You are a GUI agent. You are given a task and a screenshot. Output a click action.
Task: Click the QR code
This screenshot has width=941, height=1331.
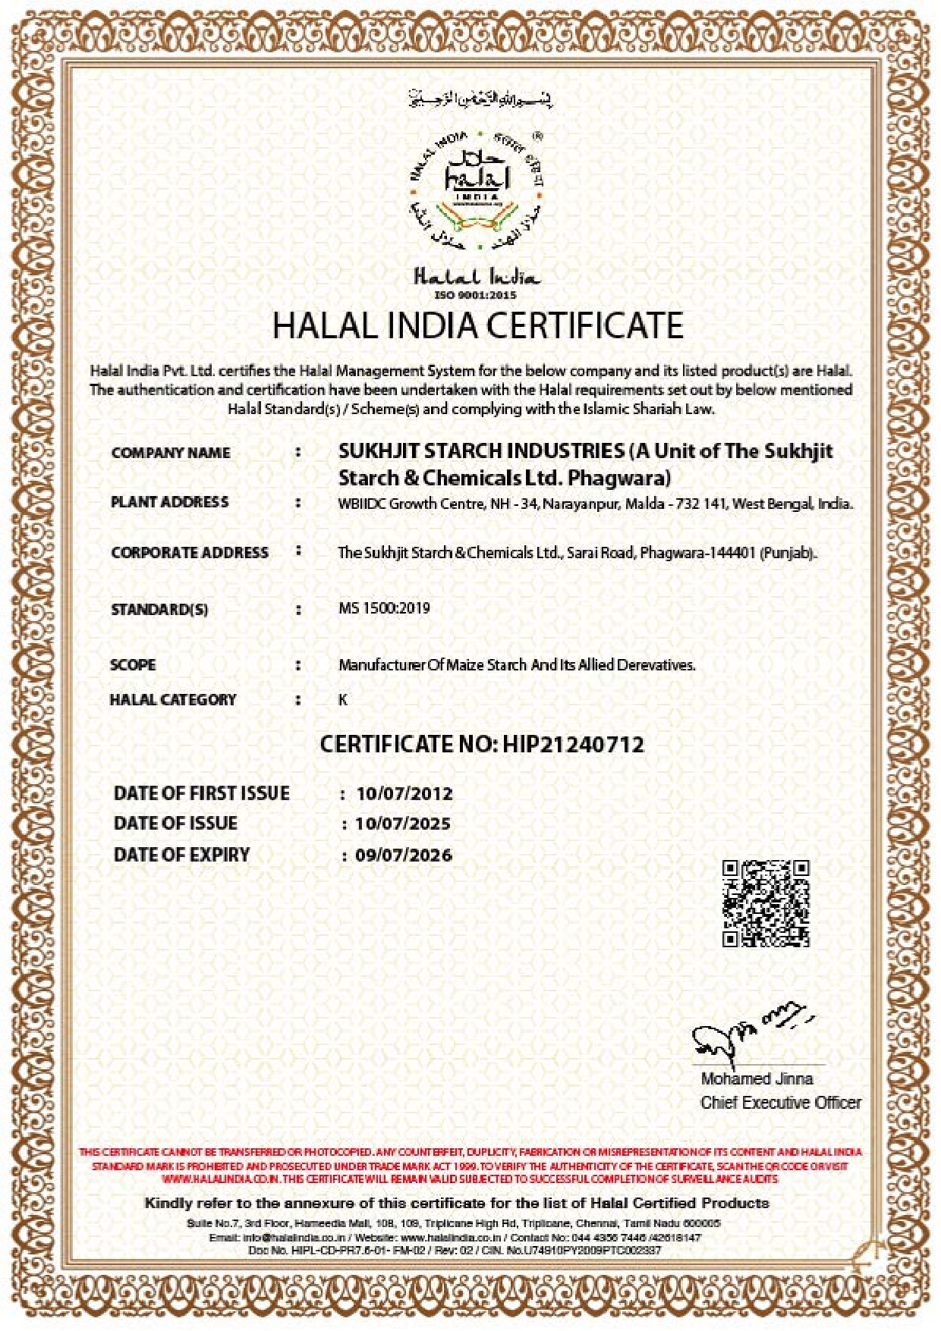pos(766,903)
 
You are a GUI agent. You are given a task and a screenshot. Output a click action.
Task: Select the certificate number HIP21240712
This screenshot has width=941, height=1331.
pos(573,744)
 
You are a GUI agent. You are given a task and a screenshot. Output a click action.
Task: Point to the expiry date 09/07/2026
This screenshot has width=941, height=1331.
pos(404,855)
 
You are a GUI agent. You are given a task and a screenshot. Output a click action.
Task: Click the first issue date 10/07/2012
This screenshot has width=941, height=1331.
pos(404,793)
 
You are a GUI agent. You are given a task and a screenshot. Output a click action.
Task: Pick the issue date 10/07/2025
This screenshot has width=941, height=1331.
pos(403,824)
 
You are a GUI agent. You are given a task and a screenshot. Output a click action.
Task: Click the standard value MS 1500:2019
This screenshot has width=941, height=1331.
pos(384,608)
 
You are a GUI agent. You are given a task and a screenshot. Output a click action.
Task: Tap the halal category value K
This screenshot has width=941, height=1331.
pos(343,699)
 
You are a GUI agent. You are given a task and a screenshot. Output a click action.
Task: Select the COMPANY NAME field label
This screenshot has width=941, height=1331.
pos(171,453)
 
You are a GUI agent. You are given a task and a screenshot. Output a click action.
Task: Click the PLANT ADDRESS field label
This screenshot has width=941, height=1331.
pos(170,502)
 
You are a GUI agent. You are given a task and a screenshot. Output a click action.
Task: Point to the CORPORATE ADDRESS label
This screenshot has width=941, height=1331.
pos(190,553)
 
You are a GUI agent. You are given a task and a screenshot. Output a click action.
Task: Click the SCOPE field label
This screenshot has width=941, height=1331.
pos(133,665)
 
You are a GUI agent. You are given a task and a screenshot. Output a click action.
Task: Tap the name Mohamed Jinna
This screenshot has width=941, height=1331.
pos(757,1078)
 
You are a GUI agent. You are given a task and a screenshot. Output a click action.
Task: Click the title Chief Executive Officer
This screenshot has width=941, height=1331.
pos(781,1103)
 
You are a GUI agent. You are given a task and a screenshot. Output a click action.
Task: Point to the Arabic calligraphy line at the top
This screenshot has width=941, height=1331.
pos(480,99)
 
